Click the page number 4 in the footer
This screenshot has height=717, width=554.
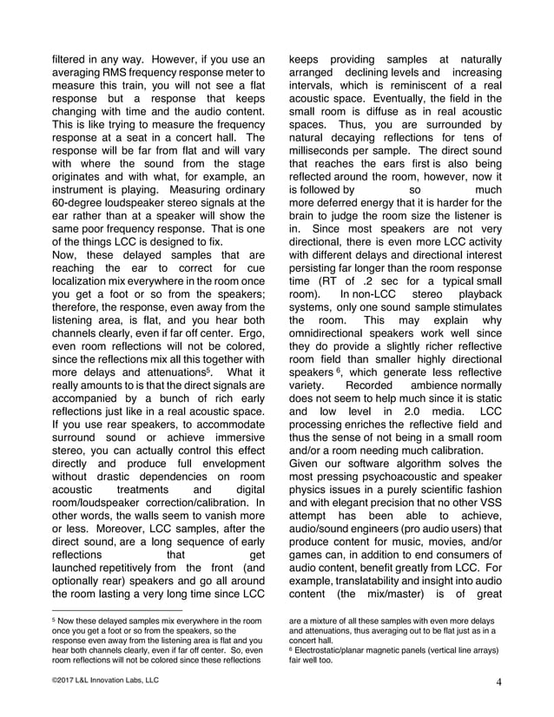(500, 680)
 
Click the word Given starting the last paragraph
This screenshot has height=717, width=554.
(307, 464)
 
